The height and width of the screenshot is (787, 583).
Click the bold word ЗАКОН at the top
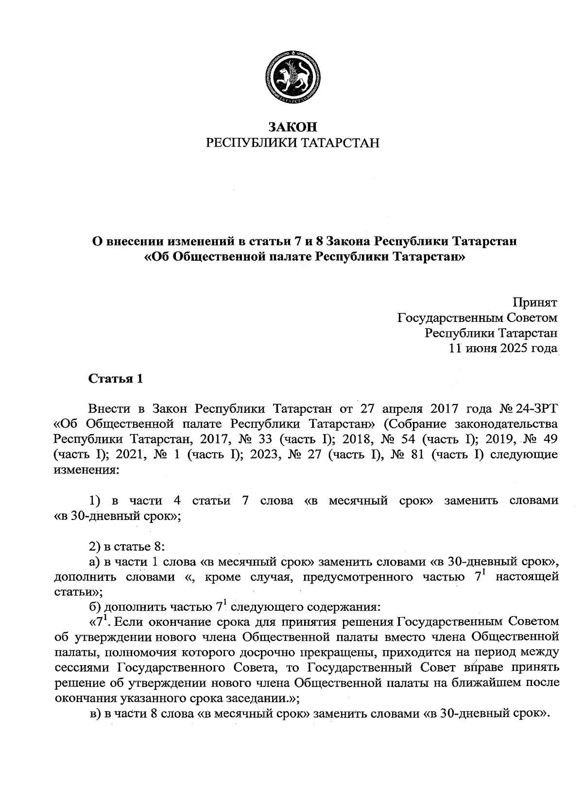click(x=292, y=128)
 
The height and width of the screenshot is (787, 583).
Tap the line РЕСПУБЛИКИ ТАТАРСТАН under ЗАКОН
click(x=292, y=143)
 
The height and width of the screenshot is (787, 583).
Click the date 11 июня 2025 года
click(x=503, y=349)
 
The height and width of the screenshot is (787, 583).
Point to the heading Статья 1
click(x=116, y=379)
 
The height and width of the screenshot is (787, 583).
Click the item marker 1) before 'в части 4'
click(x=95, y=501)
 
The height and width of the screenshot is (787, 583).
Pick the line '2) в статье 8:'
click(x=127, y=547)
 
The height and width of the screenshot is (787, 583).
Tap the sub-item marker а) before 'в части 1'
click(x=94, y=562)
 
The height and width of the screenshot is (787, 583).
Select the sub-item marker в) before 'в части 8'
click(x=94, y=714)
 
